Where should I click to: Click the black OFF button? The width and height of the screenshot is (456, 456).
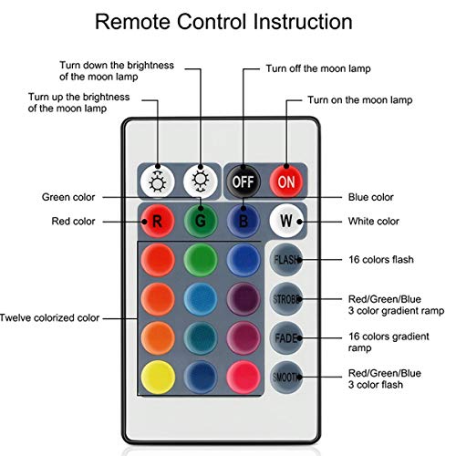click(244, 181)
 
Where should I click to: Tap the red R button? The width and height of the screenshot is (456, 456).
click(158, 221)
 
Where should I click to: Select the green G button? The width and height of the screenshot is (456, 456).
click(201, 221)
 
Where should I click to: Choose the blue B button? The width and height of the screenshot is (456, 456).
click(244, 221)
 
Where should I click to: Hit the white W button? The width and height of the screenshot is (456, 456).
click(286, 221)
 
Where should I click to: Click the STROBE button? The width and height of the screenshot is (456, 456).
click(286, 299)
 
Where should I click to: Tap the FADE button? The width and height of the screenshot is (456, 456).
click(286, 338)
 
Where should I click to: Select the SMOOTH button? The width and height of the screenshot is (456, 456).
click(286, 377)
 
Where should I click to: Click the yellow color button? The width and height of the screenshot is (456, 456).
click(158, 377)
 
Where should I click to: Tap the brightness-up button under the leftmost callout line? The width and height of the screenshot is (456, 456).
click(158, 181)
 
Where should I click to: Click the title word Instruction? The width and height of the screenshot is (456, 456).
click(303, 22)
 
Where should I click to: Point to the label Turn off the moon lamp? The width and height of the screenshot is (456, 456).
click(318, 68)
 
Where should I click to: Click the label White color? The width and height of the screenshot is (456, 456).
click(374, 222)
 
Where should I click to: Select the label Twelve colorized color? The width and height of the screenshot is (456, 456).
click(49, 318)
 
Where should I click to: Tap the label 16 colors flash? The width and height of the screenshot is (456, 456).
click(381, 260)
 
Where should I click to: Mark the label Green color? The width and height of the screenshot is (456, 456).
click(68, 197)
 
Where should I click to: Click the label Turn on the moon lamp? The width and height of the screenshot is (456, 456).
click(360, 100)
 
